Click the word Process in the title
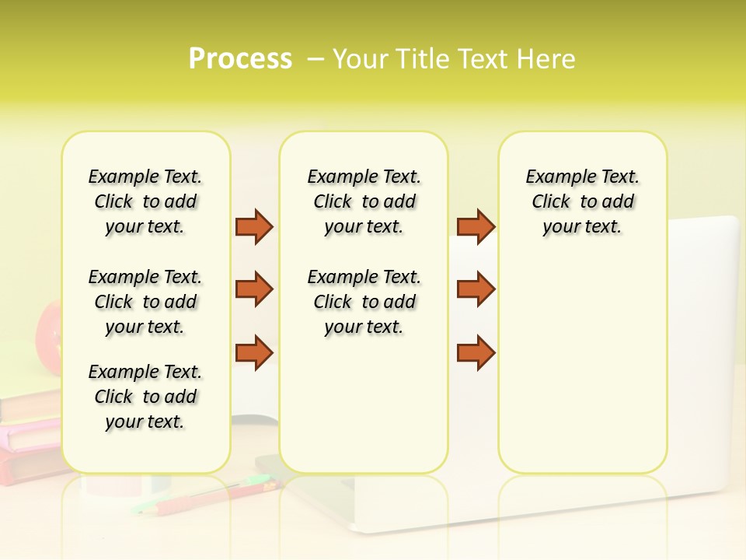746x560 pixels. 240,59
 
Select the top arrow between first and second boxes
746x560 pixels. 254,226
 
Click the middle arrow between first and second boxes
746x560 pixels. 254,289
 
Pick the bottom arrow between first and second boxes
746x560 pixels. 254,352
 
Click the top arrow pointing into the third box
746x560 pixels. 476,226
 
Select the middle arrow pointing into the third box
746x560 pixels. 476,289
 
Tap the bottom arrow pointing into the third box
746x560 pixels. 476,352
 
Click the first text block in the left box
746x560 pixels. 145,201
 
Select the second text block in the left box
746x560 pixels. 145,302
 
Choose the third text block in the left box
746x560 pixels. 145,397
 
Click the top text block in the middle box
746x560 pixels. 364,201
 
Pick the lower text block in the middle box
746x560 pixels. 364,302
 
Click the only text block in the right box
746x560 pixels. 582,201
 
